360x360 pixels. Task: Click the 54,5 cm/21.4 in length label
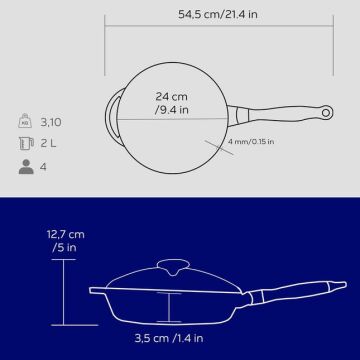tap(218, 14)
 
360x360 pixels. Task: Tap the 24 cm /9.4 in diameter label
tap(172, 103)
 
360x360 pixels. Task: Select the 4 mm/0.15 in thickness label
tap(251, 141)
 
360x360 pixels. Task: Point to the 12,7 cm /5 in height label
tap(65, 241)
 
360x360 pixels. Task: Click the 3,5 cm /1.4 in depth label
tap(169, 338)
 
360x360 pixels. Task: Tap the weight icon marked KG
tap(25, 121)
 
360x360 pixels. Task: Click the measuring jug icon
tap(26, 144)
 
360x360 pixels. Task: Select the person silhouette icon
tap(26, 167)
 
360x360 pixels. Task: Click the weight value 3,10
tap(51, 122)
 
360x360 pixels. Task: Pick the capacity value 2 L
tap(48, 144)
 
